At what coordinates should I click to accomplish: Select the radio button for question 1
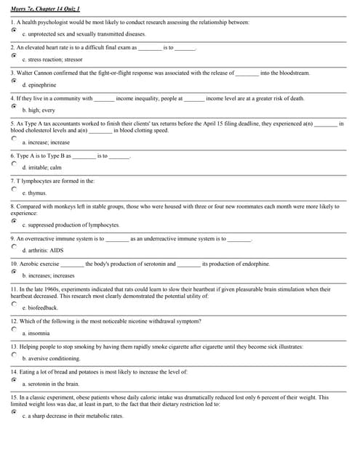tap(14, 31)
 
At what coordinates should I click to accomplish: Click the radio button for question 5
tap(14, 139)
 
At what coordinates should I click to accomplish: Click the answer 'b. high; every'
tap(39, 110)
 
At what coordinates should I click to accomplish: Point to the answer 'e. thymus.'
tap(35, 193)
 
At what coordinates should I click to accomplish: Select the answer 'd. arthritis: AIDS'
tap(43, 250)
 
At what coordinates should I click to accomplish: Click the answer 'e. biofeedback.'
tap(41, 307)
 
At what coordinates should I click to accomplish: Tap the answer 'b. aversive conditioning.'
tap(52, 358)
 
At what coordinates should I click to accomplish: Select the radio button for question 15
tap(14, 411)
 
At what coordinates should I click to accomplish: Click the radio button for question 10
tap(14, 271)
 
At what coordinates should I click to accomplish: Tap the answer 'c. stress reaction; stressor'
tap(53, 59)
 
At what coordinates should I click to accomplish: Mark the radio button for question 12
tap(14, 328)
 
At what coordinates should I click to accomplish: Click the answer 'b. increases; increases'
tap(49, 275)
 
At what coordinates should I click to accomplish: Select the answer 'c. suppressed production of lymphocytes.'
tap(71, 225)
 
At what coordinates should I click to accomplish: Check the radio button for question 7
tap(14, 188)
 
